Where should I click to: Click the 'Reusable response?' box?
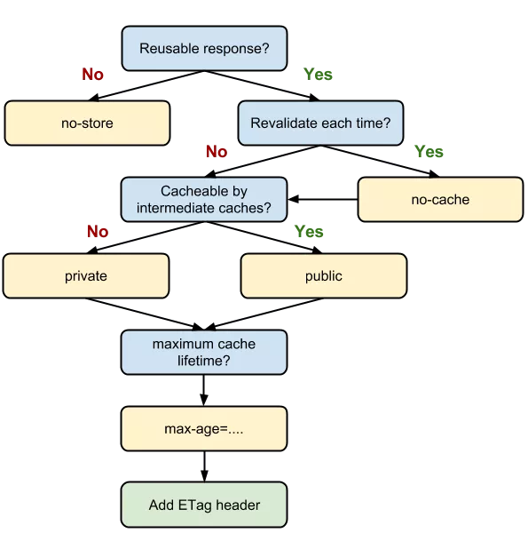tap(204, 48)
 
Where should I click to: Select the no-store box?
tap(87, 123)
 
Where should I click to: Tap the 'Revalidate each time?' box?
tap(321, 123)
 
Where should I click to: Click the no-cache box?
tap(440, 200)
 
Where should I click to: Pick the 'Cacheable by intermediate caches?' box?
tap(204, 200)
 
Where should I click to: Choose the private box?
tap(86, 276)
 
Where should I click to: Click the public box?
tap(324, 276)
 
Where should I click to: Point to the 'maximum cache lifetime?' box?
tap(204, 352)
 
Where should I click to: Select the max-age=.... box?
tap(204, 429)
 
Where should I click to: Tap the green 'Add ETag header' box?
tap(204, 505)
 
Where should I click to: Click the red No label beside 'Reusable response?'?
tap(92, 74)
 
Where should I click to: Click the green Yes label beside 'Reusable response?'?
tap(318, 74)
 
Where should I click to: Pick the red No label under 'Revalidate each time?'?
tap(217, 151)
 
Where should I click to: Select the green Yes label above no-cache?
tap(429, 151)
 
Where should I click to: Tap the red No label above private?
tap(98, 231)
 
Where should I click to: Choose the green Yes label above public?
tap(309, 231)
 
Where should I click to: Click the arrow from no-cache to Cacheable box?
tap(323, 199)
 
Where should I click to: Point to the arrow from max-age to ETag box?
tap(204, 466)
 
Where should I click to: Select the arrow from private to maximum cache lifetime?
tap(145, 314)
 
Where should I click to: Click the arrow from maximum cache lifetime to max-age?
tap(204, 391)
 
